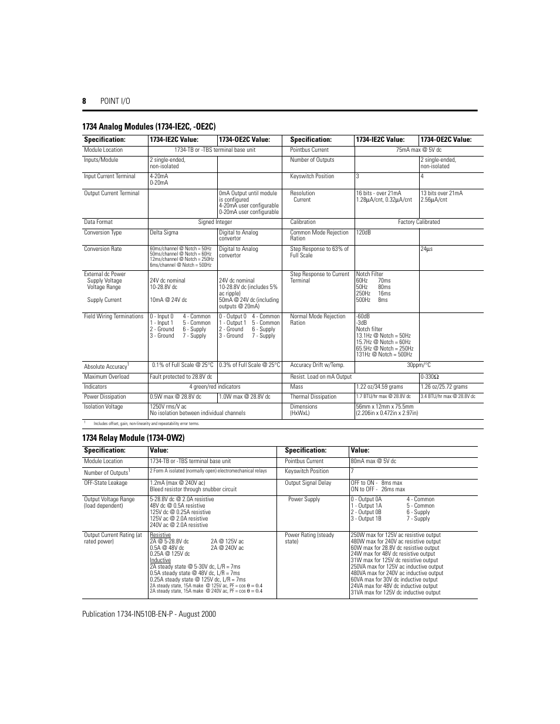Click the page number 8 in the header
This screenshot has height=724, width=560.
coord(84,101)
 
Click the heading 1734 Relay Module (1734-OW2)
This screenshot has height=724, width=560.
coord(133,438)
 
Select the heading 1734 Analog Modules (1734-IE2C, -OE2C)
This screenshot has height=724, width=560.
coord(149,127)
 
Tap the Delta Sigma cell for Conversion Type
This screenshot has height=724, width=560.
coord(164,233)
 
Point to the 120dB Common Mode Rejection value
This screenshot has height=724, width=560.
coord(363,233)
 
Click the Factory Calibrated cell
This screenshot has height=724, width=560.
coord(419,222)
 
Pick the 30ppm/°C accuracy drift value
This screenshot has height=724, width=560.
coord(419,365)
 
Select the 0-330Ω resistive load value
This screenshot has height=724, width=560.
coord(430,377)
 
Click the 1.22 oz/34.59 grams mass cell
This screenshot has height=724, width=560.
coord(379,387)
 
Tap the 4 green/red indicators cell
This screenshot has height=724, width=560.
coord(214,387)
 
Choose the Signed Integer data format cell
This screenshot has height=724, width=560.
coord(215,222)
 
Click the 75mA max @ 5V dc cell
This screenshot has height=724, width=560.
coord(419,150)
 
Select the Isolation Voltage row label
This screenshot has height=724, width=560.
coord(103,407)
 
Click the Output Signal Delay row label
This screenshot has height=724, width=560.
coord(308,483)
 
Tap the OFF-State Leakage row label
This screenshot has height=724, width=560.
coord(106,483)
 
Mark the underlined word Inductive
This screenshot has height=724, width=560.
coord(160,560)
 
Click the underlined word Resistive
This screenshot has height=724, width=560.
coord(160,535)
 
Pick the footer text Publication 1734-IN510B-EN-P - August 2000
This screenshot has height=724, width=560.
coord(149,614)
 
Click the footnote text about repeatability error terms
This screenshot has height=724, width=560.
coord(146,423)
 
